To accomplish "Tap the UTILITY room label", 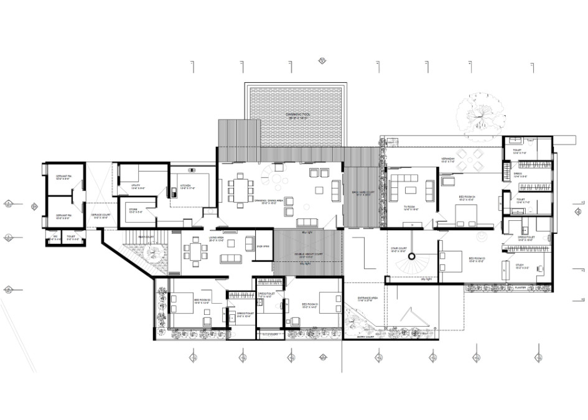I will pos(138,185).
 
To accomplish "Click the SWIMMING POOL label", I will pos(297,115).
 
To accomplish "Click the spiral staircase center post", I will pos(411,256).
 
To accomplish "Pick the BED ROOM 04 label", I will pos(467,197).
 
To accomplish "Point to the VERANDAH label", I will pos(449,159).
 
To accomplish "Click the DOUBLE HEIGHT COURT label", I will pos(309,255).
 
